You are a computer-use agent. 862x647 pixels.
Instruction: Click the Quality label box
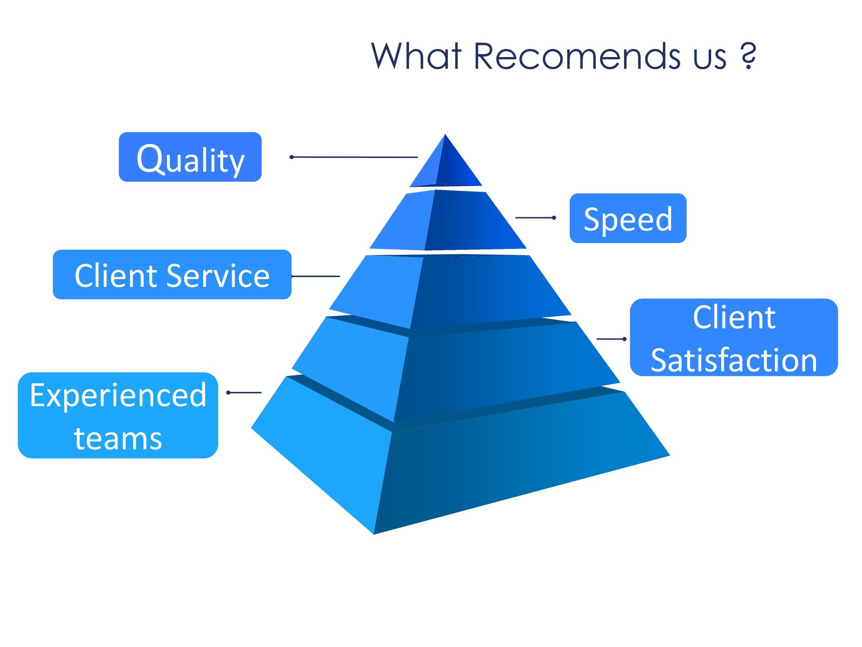190,157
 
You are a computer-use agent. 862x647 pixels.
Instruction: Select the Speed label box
628,218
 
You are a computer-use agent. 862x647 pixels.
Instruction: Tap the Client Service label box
172,275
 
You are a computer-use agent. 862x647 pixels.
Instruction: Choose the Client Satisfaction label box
734,337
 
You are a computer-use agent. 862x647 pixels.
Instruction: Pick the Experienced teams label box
118,415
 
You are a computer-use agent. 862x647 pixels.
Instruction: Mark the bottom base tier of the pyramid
458,463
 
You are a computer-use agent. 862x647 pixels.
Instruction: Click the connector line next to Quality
355,157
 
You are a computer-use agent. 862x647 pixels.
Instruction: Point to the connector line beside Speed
535,217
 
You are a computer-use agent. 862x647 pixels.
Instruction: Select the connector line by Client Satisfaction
611,339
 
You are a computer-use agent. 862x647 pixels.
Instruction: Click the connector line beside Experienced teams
245,393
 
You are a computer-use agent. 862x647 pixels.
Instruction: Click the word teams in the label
118,438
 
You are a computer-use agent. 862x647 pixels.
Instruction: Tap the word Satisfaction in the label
734,360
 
